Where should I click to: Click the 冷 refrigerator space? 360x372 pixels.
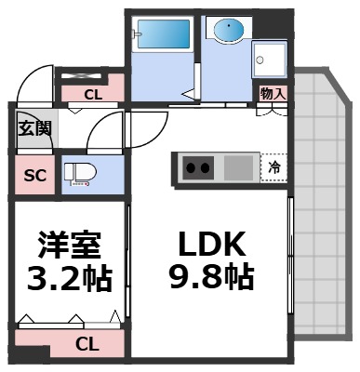tap(274, 168)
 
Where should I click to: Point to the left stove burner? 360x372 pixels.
tap(191, 169)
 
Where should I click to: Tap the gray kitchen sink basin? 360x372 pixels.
tap(239, 168)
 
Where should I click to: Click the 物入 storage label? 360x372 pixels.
tap(272, 94)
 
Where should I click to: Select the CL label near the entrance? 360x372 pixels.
tap(93, 93)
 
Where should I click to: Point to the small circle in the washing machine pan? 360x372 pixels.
tap(261, 60)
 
